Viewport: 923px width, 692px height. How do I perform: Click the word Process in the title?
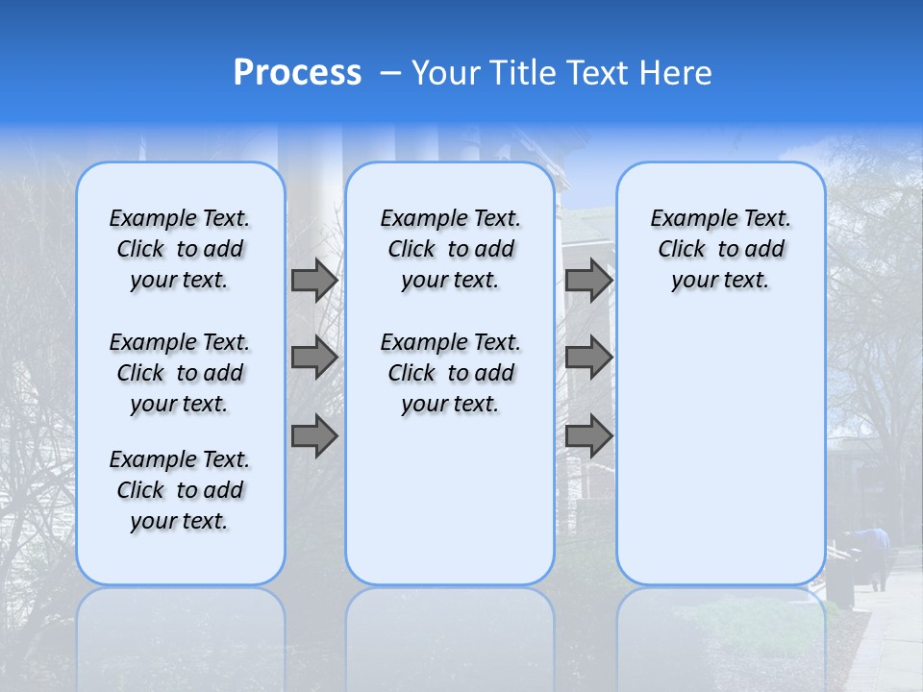(297, 73)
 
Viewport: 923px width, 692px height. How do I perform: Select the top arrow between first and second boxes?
(314, 280)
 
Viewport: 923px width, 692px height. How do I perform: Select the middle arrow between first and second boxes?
(314, 358)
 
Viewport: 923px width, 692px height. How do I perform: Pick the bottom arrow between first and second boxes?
(314, 436)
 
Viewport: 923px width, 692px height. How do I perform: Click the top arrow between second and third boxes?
(588, 280)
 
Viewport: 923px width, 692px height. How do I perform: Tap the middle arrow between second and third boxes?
(588, 358)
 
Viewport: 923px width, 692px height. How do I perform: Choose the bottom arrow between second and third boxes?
(588, 436)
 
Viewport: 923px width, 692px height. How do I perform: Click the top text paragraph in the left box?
(180, 249)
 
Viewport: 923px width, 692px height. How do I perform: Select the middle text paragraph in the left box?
(180, 373)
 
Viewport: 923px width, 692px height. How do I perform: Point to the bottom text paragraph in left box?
(180, 490)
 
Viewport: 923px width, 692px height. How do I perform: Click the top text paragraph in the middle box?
(450, 249)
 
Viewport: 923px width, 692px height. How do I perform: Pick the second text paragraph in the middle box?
(450, 373)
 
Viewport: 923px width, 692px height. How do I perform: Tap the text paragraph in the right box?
(720, 249)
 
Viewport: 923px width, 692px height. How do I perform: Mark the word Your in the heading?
(447, 73)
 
